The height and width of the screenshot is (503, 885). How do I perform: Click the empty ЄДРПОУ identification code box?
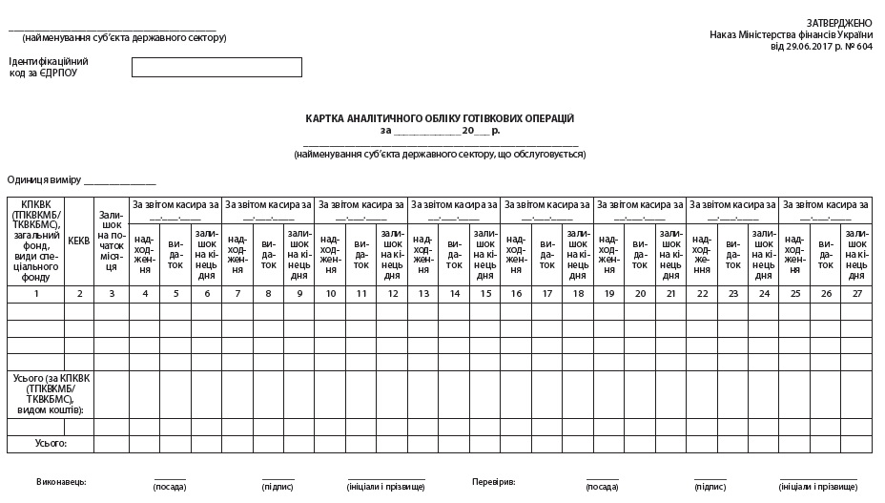point(216,67)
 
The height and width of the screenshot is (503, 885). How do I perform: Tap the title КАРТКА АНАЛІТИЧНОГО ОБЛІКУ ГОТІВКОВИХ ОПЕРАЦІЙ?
point(440,118)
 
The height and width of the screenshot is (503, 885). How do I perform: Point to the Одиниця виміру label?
point(43,179)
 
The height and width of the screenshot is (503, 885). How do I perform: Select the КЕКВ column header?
point(79,241)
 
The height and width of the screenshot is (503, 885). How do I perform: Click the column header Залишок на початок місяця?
point(112,241)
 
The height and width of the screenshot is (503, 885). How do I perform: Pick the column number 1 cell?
point(36,293)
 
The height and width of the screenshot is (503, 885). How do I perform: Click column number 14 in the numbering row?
point(456,293)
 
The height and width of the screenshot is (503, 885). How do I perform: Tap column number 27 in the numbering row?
point(856,293)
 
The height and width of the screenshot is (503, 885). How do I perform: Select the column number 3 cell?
point(112,293)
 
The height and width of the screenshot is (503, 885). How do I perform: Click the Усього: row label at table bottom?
point(51,444)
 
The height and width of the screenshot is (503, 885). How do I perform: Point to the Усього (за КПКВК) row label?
point(50,394)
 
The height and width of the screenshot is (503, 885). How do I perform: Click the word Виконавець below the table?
point(61,482)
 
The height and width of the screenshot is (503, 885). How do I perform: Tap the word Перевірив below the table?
point(493,482)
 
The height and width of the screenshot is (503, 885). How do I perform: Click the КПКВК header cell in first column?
point(36,241)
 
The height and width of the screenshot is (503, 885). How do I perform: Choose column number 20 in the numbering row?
point(641,293)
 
